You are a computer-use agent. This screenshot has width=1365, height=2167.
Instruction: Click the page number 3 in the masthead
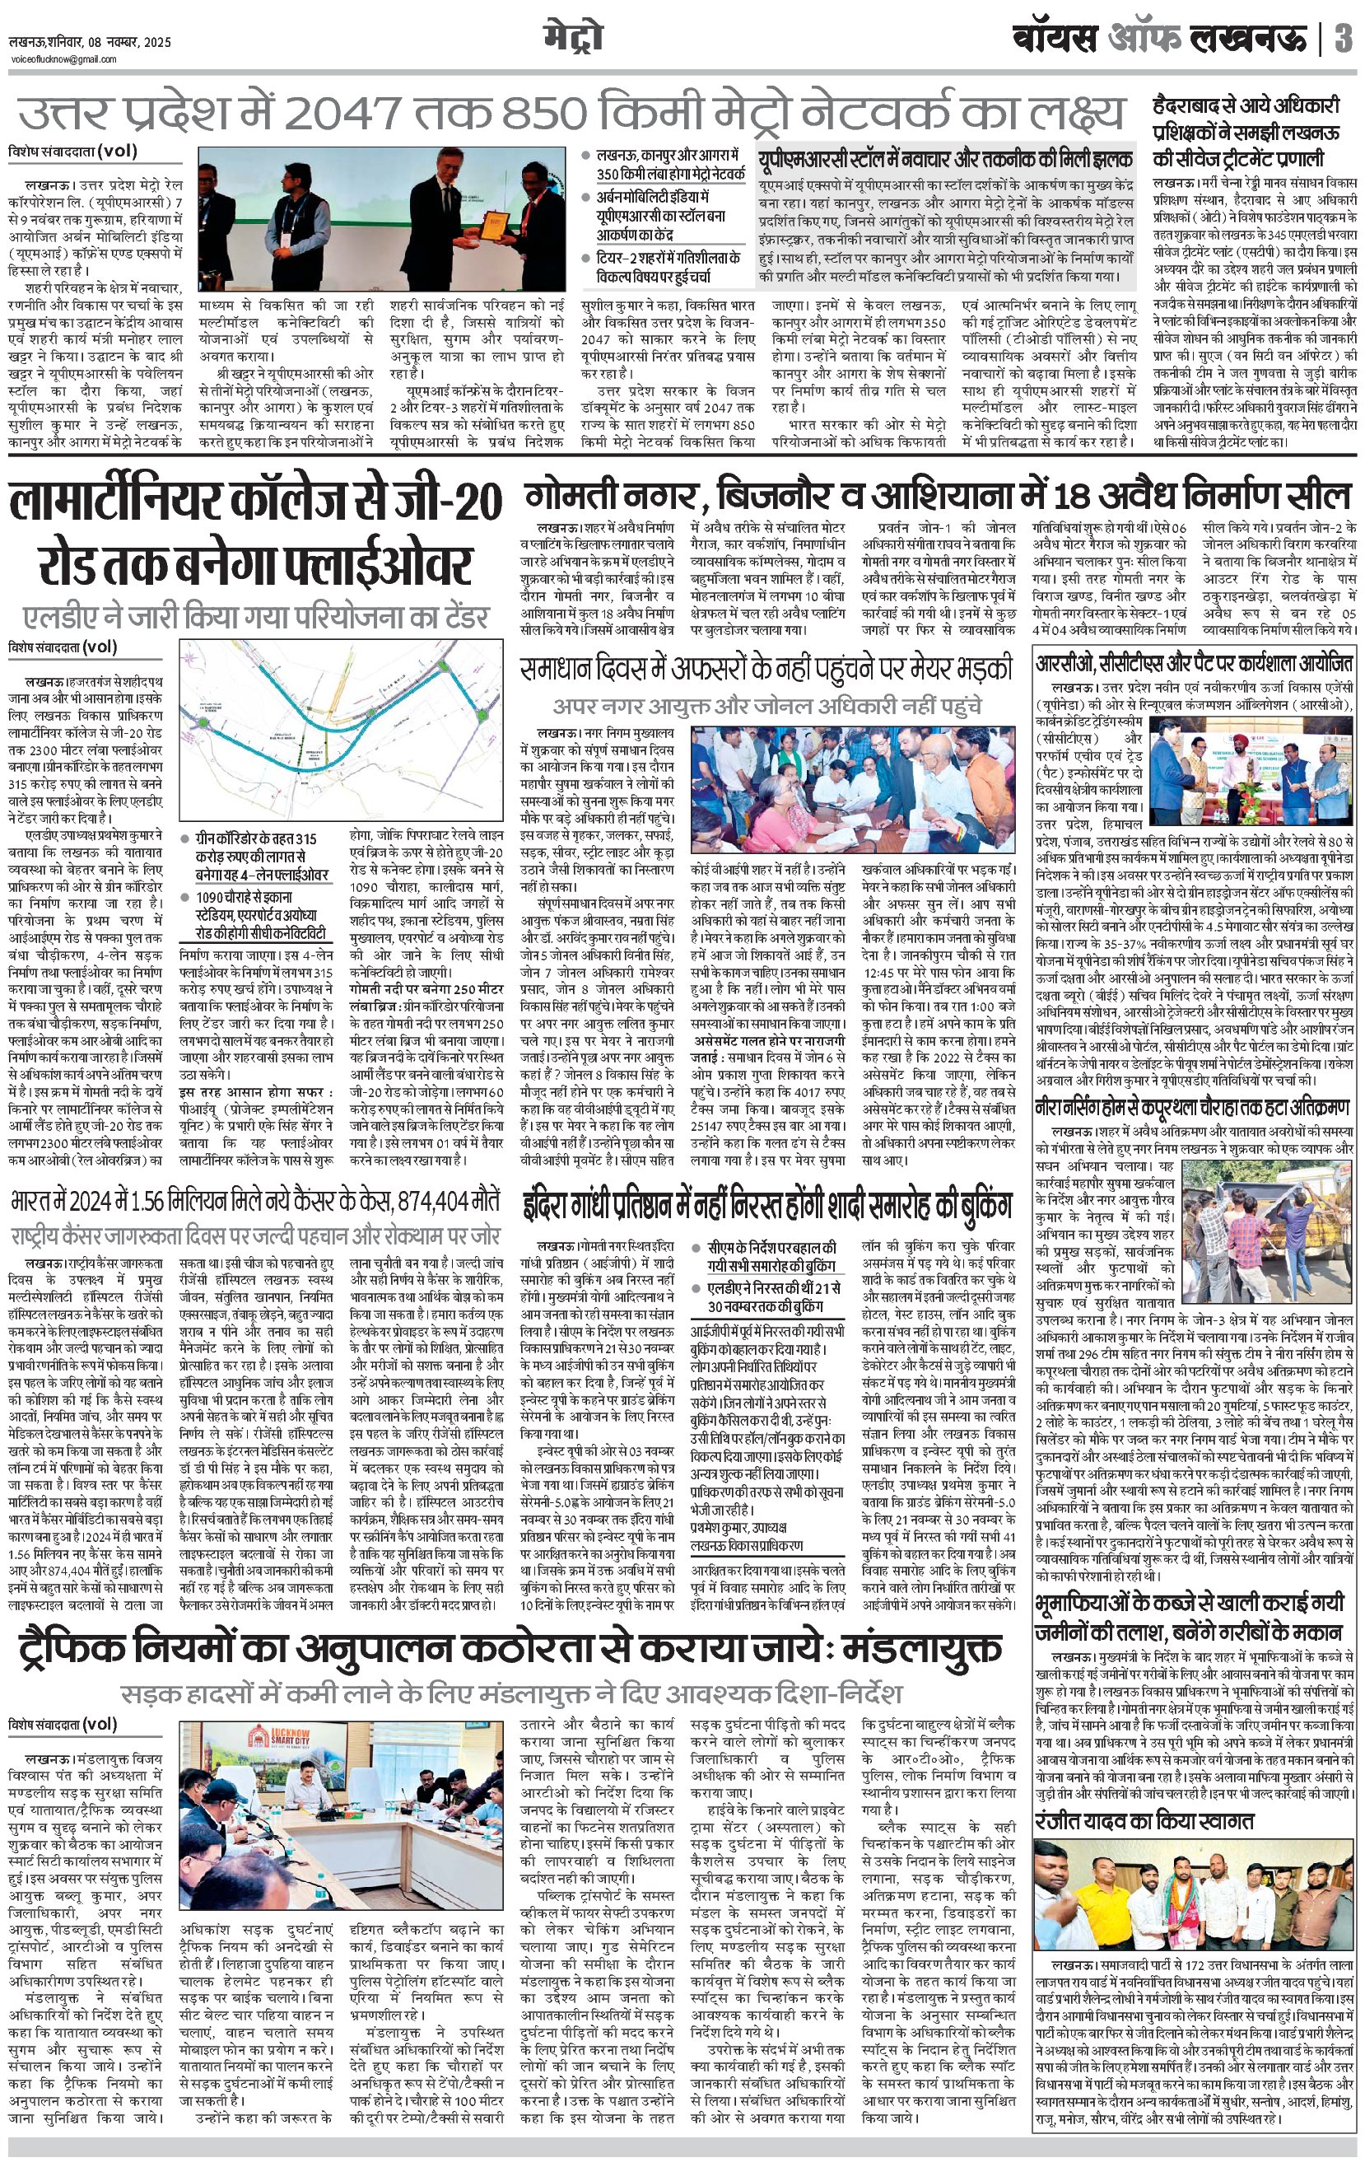(x=1344, y=40)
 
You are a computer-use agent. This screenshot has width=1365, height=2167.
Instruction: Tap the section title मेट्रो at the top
(x=573, y=39)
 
